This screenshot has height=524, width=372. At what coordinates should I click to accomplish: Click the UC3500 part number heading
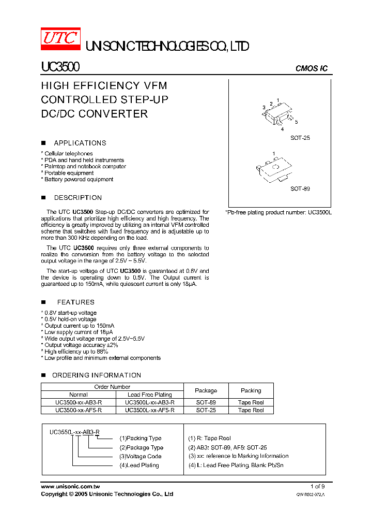(x=60, y=67)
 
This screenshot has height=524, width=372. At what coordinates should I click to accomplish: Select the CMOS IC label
(x=311, y=68)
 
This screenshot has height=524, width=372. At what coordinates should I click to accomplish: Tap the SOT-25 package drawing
(x=277, y=114)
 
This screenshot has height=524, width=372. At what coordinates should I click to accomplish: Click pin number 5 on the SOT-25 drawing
(x=296, y=122)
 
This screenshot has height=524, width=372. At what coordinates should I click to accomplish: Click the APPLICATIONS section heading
(x=80, y=143)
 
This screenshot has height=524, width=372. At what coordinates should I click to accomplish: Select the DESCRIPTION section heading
(x=78, y=198)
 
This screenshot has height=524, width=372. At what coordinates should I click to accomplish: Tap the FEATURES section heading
(x=75, y=302)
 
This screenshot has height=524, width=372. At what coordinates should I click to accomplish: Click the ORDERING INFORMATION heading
(x=97, y=375)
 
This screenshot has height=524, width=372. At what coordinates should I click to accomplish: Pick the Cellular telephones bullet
(x=68, y=154)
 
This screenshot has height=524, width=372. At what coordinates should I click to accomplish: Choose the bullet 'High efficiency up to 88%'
(x=76, y=351)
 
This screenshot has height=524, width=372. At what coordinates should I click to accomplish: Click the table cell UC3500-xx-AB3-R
(x=78, y=402)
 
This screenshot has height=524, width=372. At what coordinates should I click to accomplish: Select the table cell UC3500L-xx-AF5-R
(x=149, y=410)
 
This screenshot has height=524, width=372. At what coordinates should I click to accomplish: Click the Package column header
(x=206, y=390)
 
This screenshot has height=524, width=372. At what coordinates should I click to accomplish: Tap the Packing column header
(x=251, y=390)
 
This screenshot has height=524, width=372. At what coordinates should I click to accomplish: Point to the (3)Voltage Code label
(x=140, y=456)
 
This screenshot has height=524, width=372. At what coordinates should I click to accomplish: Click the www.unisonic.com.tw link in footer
(x=70, y=487)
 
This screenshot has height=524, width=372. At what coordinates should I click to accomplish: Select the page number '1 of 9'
(x=318, y=487)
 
